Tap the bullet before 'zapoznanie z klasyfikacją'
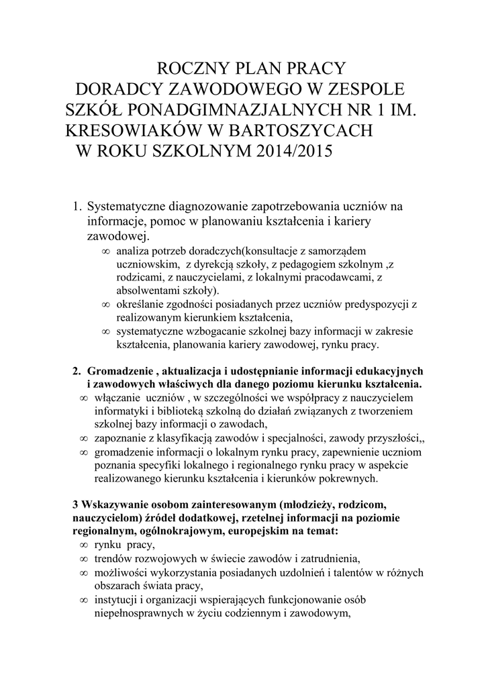click(x=83, y=438)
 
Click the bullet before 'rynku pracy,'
click(x=83, y=545)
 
